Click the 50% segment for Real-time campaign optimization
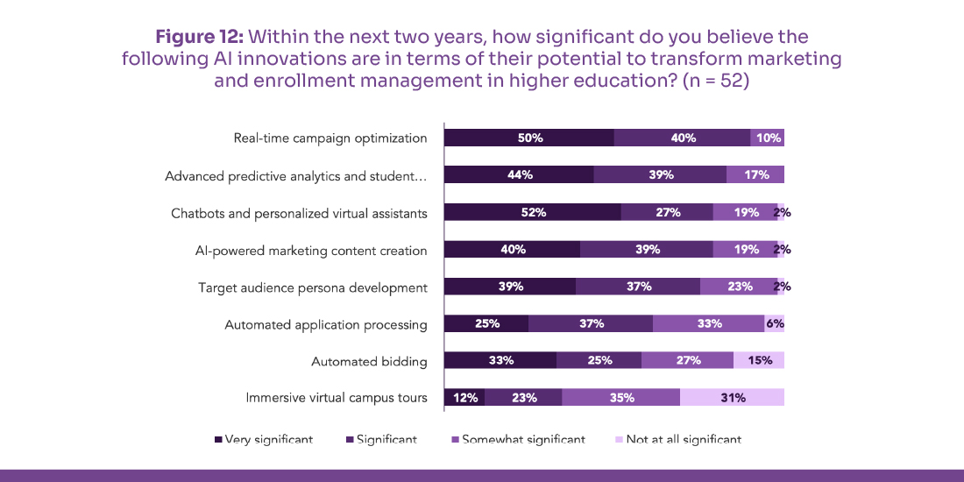529,138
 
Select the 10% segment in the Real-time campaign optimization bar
767,138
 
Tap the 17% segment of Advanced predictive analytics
755,174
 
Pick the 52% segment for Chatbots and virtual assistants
533,212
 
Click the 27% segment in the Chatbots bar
667,212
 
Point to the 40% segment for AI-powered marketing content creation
513,250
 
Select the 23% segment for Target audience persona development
738,287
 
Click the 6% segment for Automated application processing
774,323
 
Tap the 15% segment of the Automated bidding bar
758,360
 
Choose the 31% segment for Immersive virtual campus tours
732,398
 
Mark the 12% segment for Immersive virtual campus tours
464,398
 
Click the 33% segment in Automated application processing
708,323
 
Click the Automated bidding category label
369,361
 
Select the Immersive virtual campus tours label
337,398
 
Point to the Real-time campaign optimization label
330,138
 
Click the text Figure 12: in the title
199,37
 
